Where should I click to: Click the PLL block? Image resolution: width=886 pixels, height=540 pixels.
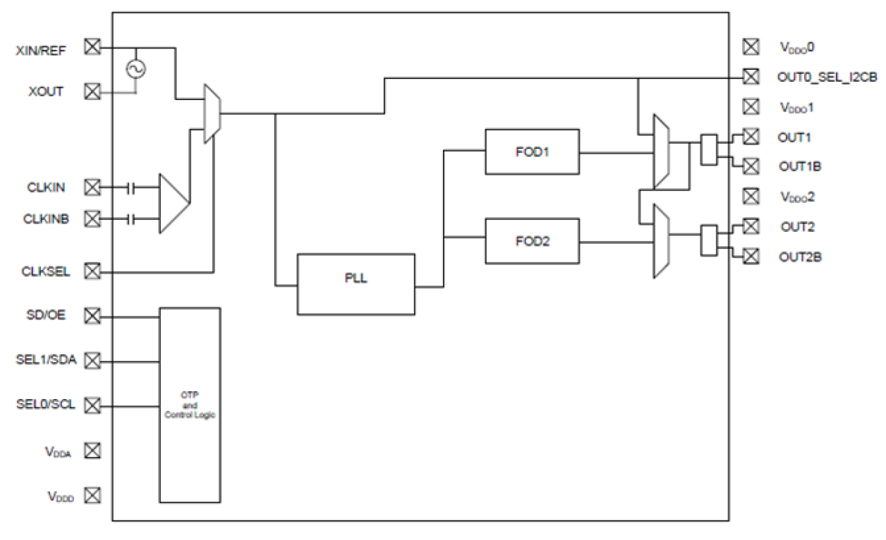(x=356, y=284)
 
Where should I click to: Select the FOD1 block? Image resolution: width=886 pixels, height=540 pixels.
(x=532, y=152)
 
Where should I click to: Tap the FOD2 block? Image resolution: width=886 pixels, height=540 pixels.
(x=532, y=241)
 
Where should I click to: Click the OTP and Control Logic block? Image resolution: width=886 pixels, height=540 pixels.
(x=189, y=404)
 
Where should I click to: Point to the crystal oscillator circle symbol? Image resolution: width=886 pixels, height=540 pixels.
(x=134, y=68)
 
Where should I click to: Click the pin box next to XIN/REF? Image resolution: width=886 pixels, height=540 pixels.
(x=92, y=47)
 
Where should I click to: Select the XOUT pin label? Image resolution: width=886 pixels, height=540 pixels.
(x=46, y=92)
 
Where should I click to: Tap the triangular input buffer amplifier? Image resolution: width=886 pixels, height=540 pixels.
(x=173, y=203)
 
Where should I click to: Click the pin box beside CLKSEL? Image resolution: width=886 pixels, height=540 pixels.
(x=92, y=271)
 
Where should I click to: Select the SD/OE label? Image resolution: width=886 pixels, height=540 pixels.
(x=47, y=315)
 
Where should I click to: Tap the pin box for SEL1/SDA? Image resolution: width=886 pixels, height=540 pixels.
(x=92, y=360)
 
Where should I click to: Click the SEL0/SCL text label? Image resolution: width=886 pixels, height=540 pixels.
(x=46, y=405)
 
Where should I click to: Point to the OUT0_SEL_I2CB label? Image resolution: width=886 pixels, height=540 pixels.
(x=827, y=76)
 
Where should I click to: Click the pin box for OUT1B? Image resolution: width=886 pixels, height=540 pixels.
(x=751, y=166)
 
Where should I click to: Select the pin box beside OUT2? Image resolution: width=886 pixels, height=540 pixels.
(x=751, y=226)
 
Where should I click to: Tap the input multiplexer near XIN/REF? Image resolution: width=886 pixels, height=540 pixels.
(x=212, y=113)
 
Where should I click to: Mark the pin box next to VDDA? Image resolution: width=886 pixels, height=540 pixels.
(x=92, y=450)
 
